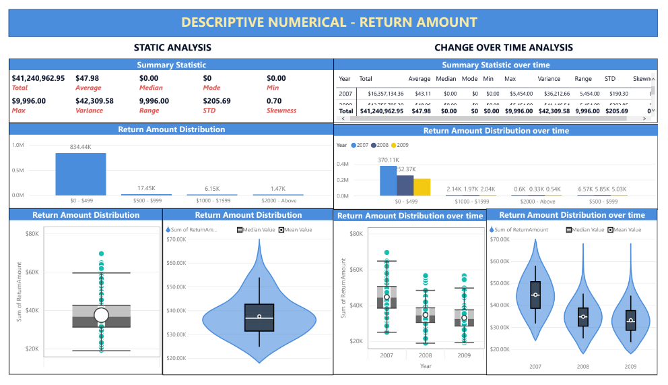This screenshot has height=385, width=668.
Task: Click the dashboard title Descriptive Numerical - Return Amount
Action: click(329, 22)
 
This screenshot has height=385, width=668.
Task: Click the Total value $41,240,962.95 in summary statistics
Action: click(38, 78)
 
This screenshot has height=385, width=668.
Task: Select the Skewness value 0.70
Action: click(274, 101)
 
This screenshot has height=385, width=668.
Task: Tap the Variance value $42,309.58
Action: click(95, 101)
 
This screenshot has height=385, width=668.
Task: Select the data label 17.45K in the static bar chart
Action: click(146, 188)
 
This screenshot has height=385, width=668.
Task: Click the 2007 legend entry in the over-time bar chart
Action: click(362, 145)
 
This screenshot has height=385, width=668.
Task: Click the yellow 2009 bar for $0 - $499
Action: click(422, 187)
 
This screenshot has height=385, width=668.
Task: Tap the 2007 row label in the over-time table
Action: click(345, 94)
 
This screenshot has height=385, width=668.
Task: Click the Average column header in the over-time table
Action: click(419, 79)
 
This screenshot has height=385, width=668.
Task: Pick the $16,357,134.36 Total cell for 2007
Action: click(380, 94)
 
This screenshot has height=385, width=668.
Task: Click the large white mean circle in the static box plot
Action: click(101, 315)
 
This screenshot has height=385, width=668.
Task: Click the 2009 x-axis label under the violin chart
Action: click(630, 366)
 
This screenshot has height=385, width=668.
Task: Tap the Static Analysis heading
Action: click(172, 47)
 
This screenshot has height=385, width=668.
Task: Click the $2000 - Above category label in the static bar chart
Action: click(277, 201)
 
